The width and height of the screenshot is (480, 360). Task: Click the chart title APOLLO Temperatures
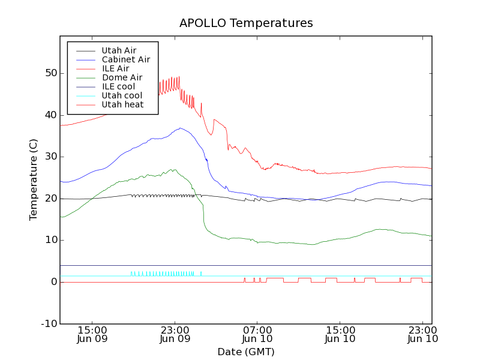(246, 23)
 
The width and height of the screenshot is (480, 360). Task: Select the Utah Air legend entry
(119, 50)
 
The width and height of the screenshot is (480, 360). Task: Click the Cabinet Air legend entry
(125, 59)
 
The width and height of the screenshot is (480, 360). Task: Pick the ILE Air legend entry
(115, 68)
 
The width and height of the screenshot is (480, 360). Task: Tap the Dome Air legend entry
(122, 77)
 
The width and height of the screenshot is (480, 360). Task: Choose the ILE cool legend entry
(118, 86)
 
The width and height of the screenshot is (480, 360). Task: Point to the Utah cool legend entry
(122, 95)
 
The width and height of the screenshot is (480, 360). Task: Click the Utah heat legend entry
(122, 104)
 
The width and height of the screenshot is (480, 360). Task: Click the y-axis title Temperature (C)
(34, 180)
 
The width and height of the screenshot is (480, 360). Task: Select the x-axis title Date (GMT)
(246, 352)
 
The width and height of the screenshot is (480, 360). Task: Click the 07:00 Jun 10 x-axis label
(257, 334)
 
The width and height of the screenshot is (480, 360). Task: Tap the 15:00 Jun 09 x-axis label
(92, 334)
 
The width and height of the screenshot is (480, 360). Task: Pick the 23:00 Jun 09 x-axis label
(175, 334)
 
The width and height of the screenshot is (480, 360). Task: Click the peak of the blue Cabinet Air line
(179, 128)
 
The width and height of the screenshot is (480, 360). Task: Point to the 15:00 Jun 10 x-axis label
(340, 334)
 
